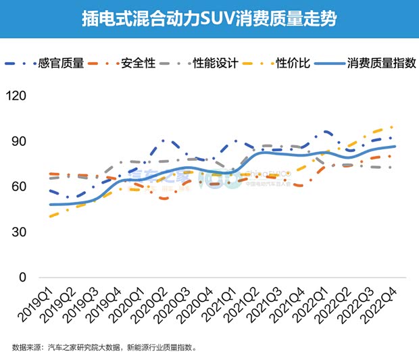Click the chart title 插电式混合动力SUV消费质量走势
[209, 18]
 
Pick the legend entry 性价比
[293, 63]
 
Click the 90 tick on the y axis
[19, 141]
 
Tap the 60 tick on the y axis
[19, 186]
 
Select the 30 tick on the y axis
[19, 232]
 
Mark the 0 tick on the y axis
[22, 277]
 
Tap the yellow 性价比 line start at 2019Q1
[50, 216]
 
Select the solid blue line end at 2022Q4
[395, 147]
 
